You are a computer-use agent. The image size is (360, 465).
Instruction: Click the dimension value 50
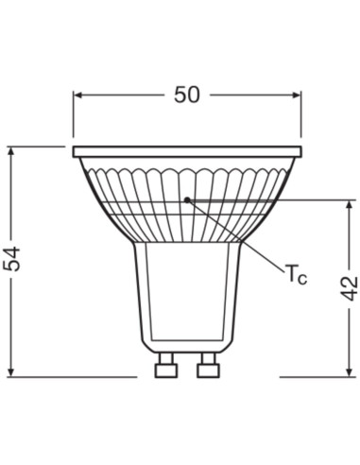[187, 95]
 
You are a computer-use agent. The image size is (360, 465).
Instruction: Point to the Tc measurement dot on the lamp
[187, 199]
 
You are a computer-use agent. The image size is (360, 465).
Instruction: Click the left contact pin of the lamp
[166, 363]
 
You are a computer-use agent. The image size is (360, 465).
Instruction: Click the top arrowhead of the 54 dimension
[11, 152]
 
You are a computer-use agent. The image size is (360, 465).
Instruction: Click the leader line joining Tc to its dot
[236, 238]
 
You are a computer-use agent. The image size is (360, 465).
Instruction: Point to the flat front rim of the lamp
[187, 151]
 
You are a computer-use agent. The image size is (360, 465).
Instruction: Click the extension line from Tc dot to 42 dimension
[274, 199]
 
